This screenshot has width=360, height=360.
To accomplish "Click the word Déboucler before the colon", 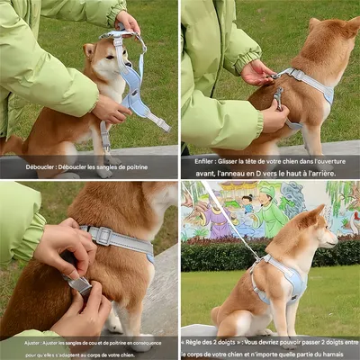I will [x=42, y=166].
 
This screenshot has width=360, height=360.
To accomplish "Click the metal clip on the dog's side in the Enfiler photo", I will [x=277, y=94].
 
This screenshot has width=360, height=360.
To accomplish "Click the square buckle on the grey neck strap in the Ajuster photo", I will [x=100, y=235].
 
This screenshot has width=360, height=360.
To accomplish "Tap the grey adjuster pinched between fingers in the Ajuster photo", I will [x=80, y=284].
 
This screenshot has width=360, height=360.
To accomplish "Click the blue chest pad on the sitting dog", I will [x=292, y=281].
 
